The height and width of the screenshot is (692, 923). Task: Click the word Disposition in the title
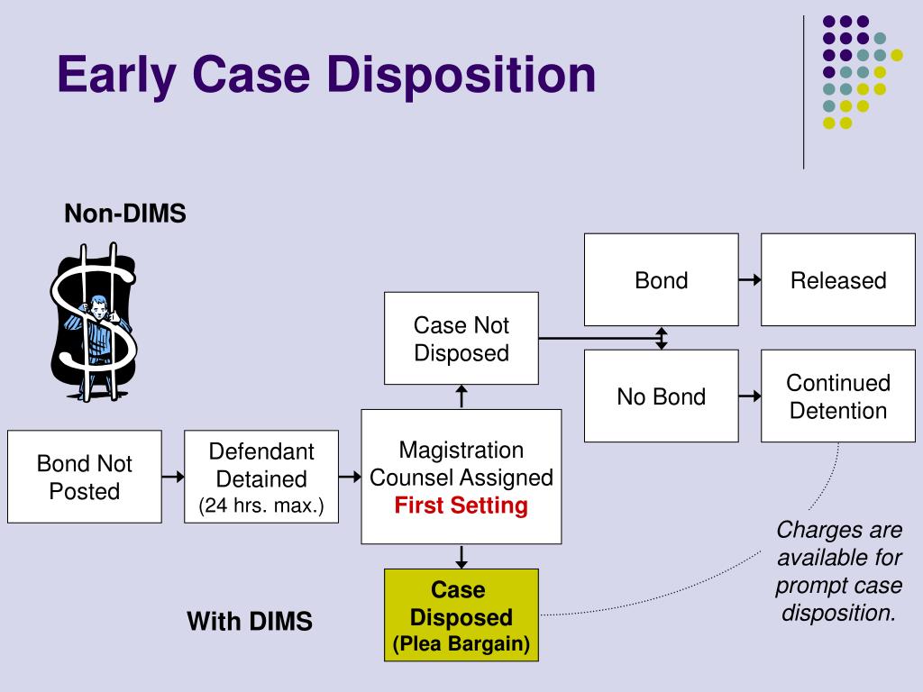[x=461, y=75]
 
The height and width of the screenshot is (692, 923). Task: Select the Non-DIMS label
[x=124, y=213]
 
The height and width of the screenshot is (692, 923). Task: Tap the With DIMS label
[x=250, y=622]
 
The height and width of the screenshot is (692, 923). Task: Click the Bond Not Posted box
[x=84, y=477]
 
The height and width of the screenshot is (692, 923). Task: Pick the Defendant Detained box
[x=261, y=477]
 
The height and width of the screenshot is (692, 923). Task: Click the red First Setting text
[x=461, y=505]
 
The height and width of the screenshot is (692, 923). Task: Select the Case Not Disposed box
[x=461, y=339]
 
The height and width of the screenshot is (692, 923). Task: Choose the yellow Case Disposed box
[x=461, y=615]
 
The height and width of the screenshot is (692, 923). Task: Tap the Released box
[x=838, y=279]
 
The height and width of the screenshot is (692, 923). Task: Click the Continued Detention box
[x=838, y=396]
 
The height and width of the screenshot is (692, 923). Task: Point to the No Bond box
[x=661, y=396]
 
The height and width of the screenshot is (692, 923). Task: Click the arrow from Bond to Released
[x=750, y=280]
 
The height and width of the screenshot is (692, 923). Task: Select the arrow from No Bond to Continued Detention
[x=750, y=396]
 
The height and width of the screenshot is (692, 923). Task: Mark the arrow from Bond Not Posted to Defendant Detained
[x=173, y=476]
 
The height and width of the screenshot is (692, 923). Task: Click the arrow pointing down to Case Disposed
[x=461, y=557]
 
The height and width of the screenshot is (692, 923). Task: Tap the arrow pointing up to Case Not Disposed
[x=461, y=396]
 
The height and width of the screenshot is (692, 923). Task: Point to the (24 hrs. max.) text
[x=261, y=505]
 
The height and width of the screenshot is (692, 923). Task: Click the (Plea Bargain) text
[x=461, y=643]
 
